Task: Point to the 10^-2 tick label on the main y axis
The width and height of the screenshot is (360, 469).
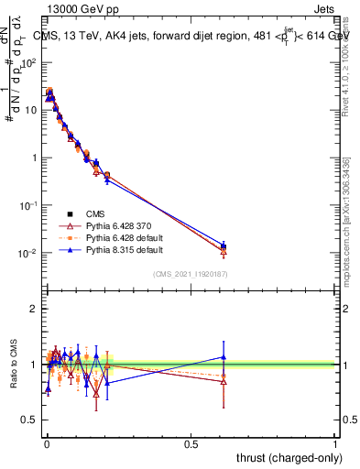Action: point(27,253)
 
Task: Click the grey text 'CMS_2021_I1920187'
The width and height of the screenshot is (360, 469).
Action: point(191,275)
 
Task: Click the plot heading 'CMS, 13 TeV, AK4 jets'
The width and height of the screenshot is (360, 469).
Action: point(101,37)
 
